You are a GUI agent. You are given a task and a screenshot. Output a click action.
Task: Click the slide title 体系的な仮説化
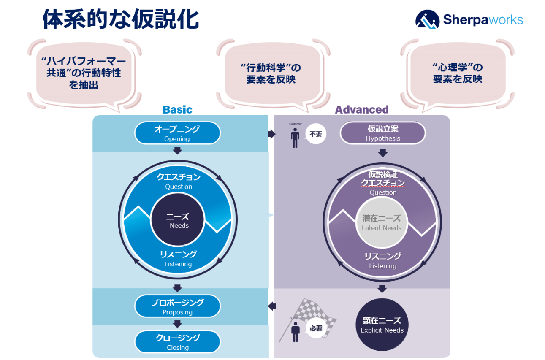pyautogui.click(x=121, y=19)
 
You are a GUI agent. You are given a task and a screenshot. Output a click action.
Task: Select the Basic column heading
pyautogui.click(x=177, y=110)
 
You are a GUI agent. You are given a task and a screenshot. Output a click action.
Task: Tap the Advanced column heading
pyautogui.click(x=362, y=110)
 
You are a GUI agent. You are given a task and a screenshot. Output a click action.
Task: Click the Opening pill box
pyautogui.click(x=177, y=133)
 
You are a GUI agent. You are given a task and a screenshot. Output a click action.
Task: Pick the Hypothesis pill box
pyautogui.click(x=383, y=133)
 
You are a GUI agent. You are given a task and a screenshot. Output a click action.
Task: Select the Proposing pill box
pyautogui.click(x=177, y=306)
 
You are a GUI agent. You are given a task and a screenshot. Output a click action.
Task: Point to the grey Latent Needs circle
pyautogui.click(x=382, y=222)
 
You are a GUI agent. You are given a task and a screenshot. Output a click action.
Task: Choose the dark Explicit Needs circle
pyautogui.click(x=382, y=325)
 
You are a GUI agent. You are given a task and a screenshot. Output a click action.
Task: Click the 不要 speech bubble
pyautogui.click(x=315, y=134)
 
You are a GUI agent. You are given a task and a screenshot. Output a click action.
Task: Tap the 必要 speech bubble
pyautogui.click(x=315, y=328)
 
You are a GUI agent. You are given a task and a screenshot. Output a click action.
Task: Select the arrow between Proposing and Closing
pyautogui.click(x=177, y=324)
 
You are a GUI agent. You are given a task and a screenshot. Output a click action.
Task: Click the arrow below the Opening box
pyautogui.click(x=177, y=150)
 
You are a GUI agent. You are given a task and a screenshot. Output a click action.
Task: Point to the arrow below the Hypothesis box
pyautogui.click(x=382, y=153)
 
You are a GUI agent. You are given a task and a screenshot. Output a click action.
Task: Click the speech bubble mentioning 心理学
pyautogui.click(x=458, y=73)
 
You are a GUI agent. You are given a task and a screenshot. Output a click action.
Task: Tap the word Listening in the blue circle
pyautogui.click(x=178, y=264)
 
